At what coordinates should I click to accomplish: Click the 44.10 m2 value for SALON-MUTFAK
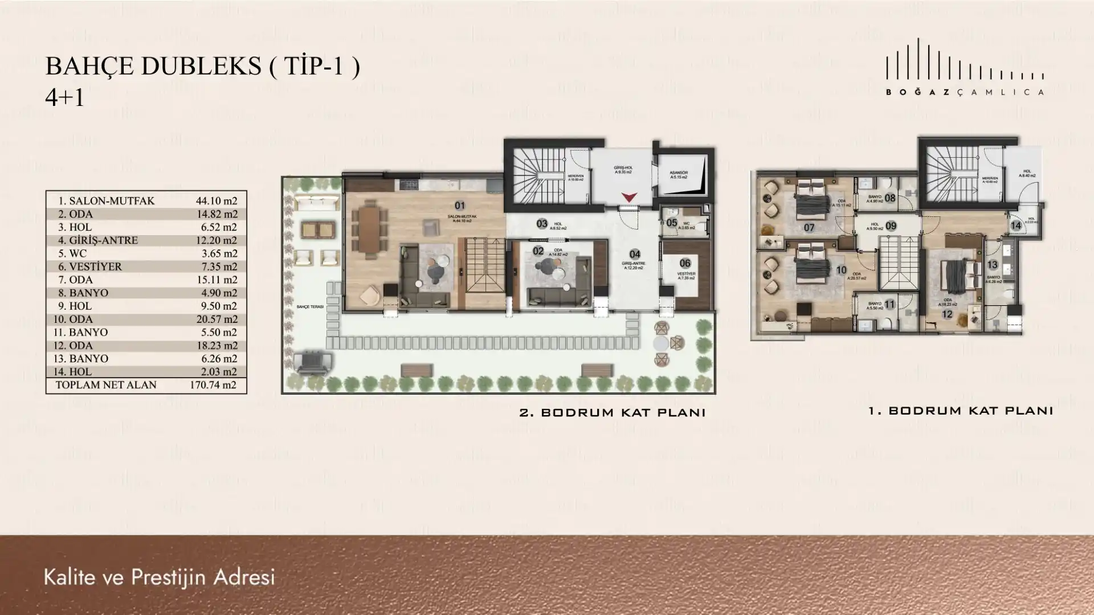coord(217,201)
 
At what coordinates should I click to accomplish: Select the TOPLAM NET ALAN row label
coord(105,385)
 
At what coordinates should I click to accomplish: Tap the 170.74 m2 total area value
coord(213,385)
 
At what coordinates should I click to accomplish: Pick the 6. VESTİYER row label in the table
coord(90,266)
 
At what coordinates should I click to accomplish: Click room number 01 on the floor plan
coord(460,206)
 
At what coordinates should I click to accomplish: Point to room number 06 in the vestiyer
coord(685,263)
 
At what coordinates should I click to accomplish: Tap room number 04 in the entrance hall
coord(635,255)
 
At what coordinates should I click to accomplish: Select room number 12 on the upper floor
coord(948,314)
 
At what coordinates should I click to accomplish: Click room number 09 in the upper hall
coord(891,226)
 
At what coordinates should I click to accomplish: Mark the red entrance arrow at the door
coord(629,197)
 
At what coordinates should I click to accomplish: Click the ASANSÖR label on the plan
coord(679,173)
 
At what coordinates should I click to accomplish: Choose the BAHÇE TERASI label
coord(310,307)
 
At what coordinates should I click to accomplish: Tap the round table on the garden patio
coord(661,343)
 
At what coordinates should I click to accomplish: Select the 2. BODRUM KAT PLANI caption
coord(613,413)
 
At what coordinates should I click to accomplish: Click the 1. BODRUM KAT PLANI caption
coord(960,411)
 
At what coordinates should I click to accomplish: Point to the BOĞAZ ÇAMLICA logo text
coord(965,92)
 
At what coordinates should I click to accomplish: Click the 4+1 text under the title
coord(64,98)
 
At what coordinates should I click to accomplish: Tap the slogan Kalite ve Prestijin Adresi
coord(159,577)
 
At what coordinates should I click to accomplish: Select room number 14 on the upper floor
coord(1016,225)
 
